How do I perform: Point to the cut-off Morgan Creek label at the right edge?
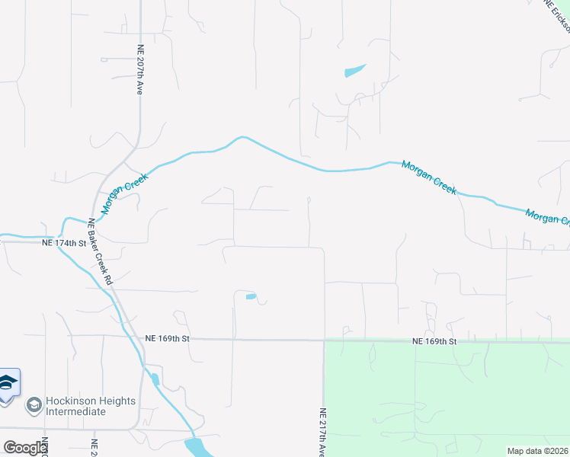coord(547,218)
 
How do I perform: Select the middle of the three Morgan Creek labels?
coord(429,177)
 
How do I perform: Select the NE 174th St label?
coord(65,243)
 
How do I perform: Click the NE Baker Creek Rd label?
coord(100,252)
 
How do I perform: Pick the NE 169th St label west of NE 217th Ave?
coord(167,337)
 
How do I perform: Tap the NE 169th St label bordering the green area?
coord(434,342)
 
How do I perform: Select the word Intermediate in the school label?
coord(75,411)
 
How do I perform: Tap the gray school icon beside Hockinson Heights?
coord(34,405)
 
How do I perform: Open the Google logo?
coord(25,448)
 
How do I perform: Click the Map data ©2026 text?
coord(537,451)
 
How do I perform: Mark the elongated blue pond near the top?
coord(355,70)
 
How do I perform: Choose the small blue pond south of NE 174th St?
coord(251,296)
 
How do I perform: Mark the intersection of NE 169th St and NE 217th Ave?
coord(325,340)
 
